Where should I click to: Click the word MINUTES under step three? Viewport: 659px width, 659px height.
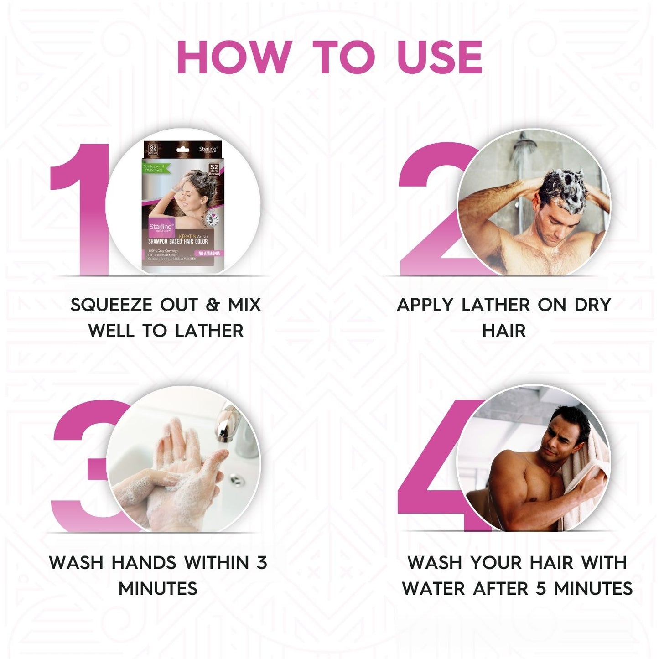[158, 588]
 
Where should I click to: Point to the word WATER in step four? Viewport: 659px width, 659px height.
[434, 588]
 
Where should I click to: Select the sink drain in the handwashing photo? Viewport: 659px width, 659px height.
[235, 479]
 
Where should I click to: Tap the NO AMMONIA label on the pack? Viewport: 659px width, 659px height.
[209, 253]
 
